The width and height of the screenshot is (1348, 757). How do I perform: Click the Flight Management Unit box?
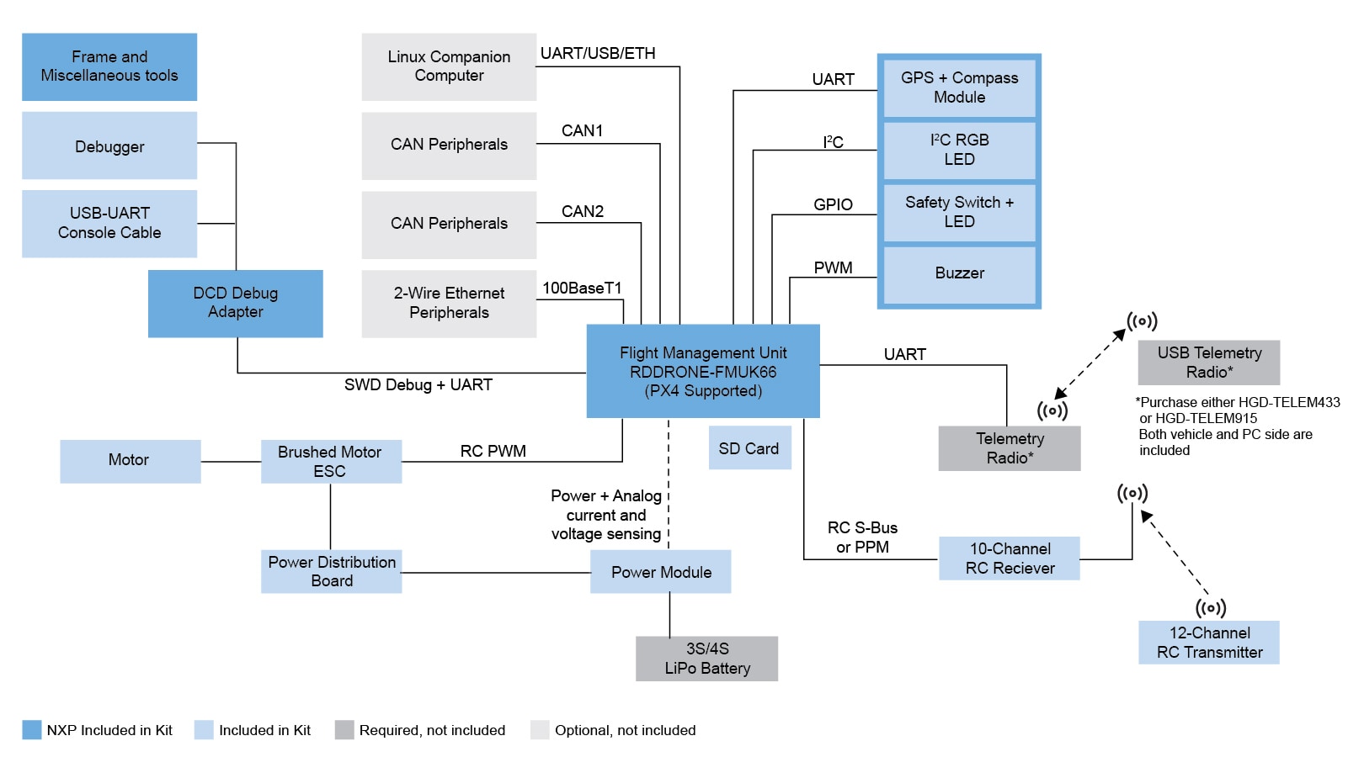point(703,371)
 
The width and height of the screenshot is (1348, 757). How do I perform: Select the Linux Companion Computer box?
point(449,66)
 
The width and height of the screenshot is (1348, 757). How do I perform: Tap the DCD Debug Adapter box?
point(235,303)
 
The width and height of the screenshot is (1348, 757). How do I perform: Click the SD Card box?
point(749,448)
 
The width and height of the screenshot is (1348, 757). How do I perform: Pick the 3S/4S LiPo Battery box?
point(706,658)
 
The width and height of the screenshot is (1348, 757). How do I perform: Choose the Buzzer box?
point(959,273)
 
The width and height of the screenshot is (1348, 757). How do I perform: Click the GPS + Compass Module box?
point(959,87)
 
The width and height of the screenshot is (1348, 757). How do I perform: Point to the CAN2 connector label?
point(583,211)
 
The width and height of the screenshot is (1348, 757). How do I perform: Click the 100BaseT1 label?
point(582,289)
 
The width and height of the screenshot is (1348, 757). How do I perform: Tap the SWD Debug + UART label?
point(418,385)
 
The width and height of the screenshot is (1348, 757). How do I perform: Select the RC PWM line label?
point(493,452)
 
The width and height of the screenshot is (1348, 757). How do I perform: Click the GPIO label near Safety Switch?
point(833,204)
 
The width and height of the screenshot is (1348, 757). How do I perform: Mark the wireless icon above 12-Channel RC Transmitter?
point(1211,607)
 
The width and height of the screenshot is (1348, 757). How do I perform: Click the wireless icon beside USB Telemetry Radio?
point(1142,321)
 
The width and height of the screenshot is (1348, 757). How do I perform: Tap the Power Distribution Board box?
point(332,571)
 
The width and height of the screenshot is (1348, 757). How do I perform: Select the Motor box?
point(130,460)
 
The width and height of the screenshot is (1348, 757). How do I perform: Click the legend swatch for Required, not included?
point(344,729)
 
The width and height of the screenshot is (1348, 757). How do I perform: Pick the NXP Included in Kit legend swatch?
point(31,729)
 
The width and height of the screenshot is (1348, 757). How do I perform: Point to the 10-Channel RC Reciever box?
point(1010,558)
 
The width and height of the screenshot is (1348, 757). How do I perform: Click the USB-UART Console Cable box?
point(109,223)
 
